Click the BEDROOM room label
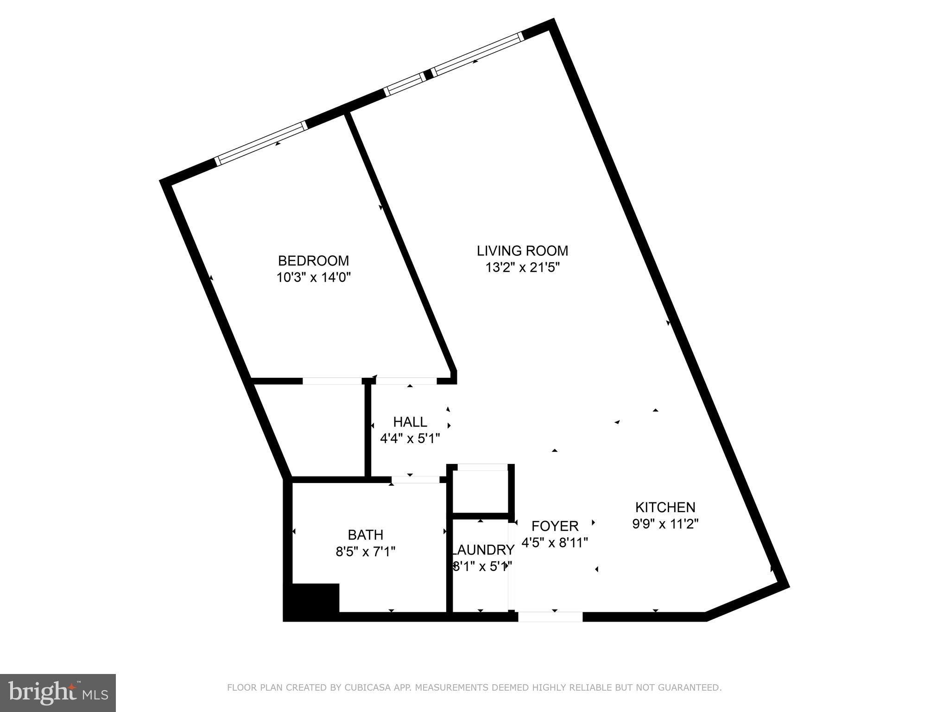pos(313,261)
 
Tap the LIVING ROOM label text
pos(522,251)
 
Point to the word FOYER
pos(555,526)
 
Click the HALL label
pos(410,422)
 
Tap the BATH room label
pos(366,535)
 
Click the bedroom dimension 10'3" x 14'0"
pos(313,278)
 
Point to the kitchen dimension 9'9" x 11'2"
pos(665,524)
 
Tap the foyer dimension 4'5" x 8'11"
pos(555,542)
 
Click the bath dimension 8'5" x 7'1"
pos(366,552)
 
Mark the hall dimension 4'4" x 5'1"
pos(410,438)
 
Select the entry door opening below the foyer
pos(550,617)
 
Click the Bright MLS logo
pos(58,693)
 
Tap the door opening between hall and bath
pos(416,479)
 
